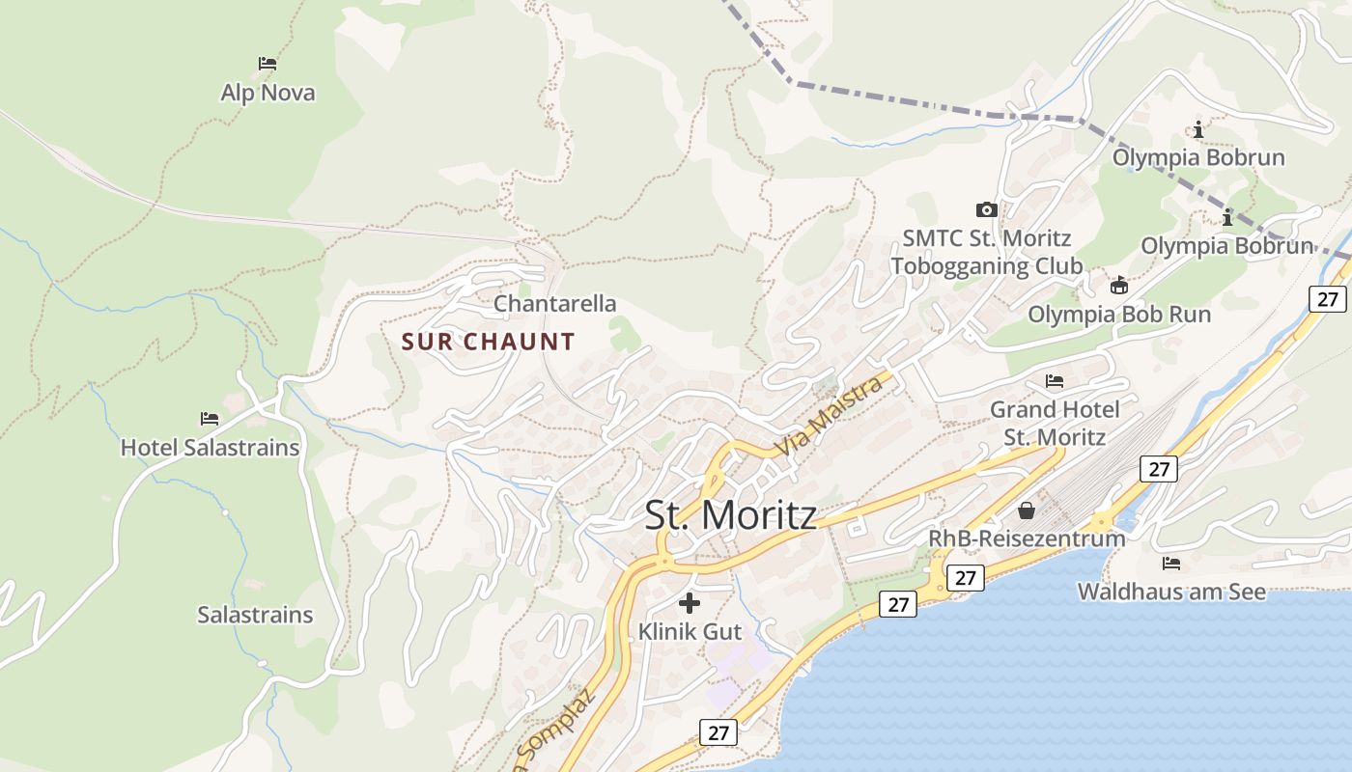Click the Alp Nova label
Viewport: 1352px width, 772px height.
[268, 93]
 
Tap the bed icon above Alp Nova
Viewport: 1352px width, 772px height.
[268, 64]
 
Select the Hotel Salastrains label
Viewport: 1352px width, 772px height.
[210, 448]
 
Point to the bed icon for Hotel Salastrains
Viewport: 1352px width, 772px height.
[210, 419]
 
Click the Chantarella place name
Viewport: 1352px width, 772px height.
[554, 304]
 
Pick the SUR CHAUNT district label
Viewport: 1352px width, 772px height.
[488, 342]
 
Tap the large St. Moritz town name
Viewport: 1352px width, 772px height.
[730, 515]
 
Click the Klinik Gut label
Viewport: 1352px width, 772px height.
[690, 632]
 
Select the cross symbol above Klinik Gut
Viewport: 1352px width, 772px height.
[690, 603]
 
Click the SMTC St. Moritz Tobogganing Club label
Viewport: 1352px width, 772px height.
[986, 252]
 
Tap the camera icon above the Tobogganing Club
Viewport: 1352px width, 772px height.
[986, 209]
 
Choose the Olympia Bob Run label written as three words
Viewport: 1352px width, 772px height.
[1118, 314]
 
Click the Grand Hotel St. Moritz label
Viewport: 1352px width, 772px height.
[1055, 423]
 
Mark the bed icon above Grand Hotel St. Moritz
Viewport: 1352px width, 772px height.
[1055, 381]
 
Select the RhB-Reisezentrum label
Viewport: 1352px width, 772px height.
[1027, 538]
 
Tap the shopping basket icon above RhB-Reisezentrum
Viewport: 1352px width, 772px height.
[1027, 510]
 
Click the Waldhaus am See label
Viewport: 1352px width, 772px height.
[1171, 592]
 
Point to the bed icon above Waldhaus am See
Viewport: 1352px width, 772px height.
[1171, 563]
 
